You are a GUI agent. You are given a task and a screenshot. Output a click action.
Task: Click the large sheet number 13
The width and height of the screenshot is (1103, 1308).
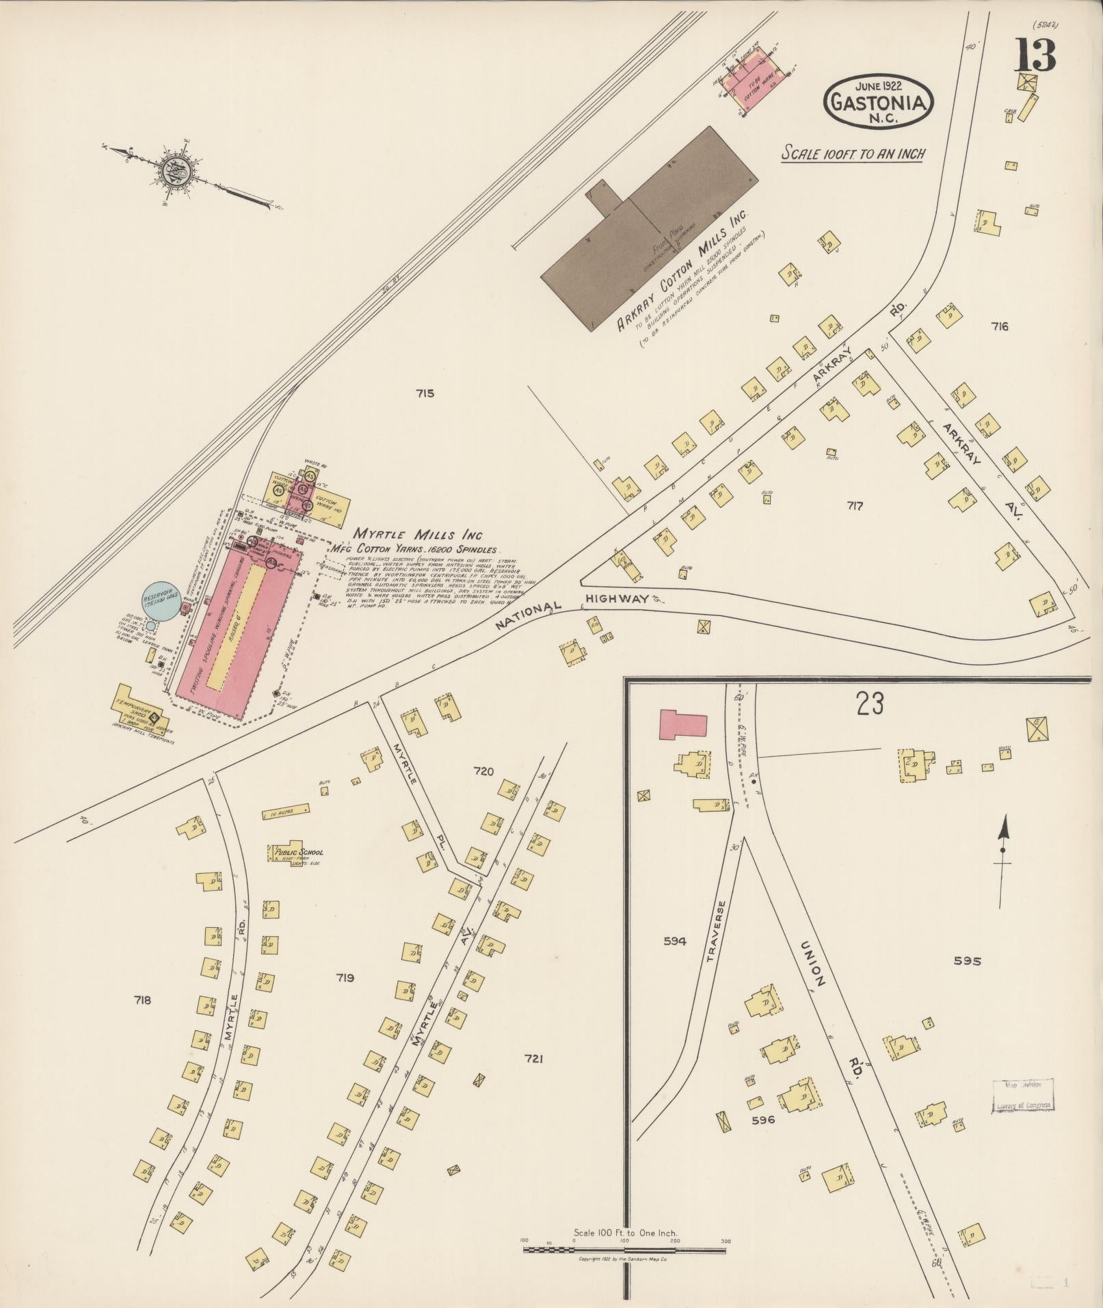click(1035, 56)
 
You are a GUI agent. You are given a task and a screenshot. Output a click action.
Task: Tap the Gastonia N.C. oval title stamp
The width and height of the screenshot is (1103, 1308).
click(879, 102)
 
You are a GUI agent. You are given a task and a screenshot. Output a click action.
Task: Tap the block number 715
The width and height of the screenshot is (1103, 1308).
click(424, 393)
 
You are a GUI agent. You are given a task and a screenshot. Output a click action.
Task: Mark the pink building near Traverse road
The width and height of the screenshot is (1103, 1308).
click(682, 724)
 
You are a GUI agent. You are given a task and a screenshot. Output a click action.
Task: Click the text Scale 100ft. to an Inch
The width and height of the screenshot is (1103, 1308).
click(853, 153)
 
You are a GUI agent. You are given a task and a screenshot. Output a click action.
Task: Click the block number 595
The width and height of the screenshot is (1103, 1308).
click(967, 961)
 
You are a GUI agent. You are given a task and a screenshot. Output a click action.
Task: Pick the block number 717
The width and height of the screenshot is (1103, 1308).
click(854, 506)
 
